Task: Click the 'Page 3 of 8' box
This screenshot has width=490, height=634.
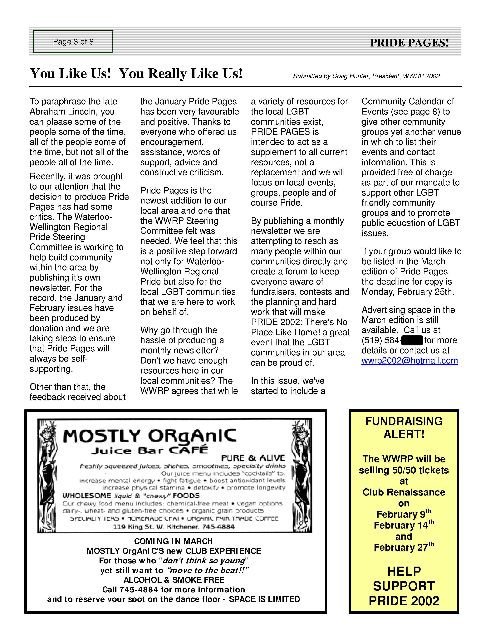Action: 73,42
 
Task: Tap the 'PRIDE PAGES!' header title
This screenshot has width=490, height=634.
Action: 409,43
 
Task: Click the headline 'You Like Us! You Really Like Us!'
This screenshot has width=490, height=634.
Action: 136,73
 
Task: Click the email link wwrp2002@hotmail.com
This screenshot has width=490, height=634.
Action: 410,361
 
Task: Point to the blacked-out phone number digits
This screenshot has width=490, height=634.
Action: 412,340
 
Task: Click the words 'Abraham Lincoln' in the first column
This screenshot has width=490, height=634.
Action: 72,111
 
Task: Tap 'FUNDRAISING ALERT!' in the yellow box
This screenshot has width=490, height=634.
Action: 404,428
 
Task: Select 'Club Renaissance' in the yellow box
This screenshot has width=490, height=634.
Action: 404,492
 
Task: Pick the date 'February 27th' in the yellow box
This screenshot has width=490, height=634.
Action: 404,547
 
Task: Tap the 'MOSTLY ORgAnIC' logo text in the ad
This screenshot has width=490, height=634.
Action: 150,437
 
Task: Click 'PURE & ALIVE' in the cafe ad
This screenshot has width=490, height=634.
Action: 253,458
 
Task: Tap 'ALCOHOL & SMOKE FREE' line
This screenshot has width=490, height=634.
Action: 174,580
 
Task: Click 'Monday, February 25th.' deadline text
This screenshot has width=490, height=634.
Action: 408,292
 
